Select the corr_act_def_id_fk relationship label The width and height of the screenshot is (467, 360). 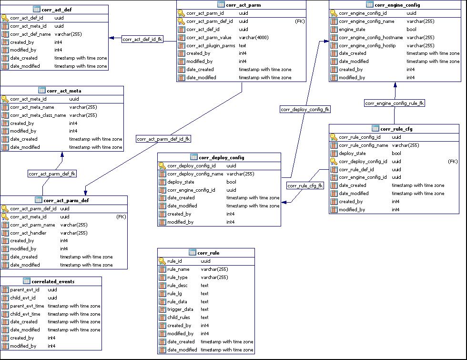tap(142, 40)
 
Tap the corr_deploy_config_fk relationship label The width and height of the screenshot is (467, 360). tap(305, 109)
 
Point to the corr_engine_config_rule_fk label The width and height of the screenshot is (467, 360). tap(395, 103)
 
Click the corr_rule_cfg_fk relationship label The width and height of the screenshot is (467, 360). tap(305, 185)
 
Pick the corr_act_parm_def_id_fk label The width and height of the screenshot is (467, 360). tap(163, 139)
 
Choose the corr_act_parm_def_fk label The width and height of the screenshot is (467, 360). tap(52, 174)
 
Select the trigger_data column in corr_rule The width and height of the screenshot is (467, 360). tap(180, 309)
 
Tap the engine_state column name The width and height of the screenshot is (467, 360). tap(353, 30)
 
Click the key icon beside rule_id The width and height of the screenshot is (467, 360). tap(162, 261)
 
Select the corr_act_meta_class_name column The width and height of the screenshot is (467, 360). tap(38, 115)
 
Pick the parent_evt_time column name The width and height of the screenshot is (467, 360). tap(27, 306)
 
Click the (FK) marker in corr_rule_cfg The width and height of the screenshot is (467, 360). tap(453, 162)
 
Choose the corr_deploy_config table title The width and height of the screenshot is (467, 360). tap(222, 157)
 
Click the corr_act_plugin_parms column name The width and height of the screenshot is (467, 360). tap(211, 46)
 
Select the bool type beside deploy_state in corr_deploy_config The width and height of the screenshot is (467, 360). tap(231, 182)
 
